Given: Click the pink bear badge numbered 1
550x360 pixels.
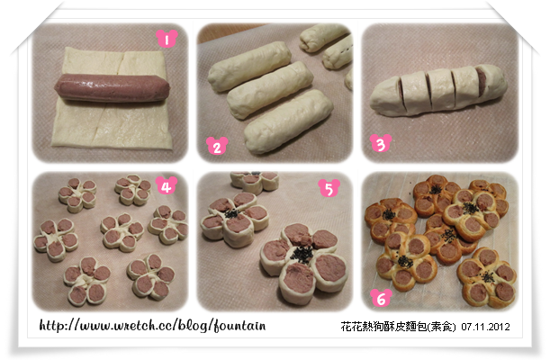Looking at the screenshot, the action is click(167, 38).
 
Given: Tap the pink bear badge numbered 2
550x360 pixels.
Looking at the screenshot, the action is click(217, 146).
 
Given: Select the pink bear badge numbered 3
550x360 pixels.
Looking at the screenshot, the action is click(381, 143).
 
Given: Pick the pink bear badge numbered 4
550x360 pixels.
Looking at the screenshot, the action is click(167, 185).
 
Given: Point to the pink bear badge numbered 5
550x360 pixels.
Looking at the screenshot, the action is click(329, 188).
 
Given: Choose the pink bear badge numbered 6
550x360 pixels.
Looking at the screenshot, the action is click(382, 298).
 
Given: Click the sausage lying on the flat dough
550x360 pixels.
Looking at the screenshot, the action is click(113, 87).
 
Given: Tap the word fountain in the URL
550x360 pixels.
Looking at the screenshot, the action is click(239, 326).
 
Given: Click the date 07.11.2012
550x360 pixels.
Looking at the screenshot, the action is click(485, 327).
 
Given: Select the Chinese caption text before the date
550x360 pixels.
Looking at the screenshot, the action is click(398, 327).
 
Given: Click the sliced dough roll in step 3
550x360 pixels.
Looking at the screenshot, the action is click(438, 90).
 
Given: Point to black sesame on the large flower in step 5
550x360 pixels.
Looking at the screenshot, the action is click(302, 253).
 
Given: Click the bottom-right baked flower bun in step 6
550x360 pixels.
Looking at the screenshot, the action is click(487, 277).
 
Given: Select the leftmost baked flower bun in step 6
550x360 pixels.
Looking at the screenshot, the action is click(391, 220).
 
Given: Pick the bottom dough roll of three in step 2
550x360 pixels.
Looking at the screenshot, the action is click(288, 121).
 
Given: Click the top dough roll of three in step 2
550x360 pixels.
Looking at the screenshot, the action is click(249, 66).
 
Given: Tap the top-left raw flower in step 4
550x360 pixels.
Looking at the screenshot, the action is click(77, 194).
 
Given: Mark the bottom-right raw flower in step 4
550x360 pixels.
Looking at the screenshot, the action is click(151, 276).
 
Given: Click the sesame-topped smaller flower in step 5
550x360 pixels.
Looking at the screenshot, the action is click(235, 219).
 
